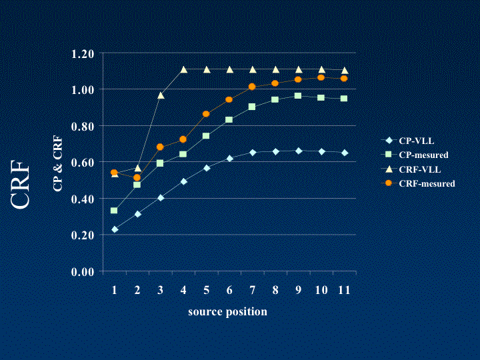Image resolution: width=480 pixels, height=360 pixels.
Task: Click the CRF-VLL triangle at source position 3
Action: click(x=160, y=95)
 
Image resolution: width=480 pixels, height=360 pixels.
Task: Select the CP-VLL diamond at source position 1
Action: click(x=115, y=229)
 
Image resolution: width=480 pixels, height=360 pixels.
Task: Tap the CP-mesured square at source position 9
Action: click(x=298, y=96)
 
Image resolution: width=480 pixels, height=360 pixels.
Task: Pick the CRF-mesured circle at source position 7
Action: click(x=252, y=87)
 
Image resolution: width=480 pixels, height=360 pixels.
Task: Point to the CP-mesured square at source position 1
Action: click(x=114, y=211)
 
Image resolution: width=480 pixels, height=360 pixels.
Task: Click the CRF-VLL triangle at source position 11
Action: click(x=344, y=70)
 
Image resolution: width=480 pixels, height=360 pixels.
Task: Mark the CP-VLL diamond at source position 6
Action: click(x=229, y=159)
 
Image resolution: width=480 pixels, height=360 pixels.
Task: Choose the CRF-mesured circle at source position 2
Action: click(x=137, y=177)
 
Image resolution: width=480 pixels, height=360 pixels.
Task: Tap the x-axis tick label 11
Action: click(x=344, y=291)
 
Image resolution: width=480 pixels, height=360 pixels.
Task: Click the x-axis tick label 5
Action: click(x=206, y=291)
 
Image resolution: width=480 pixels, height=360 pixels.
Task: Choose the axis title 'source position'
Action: click(x=227, y=312)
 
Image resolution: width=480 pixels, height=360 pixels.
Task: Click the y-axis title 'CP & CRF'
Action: click(x=58, y=162)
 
